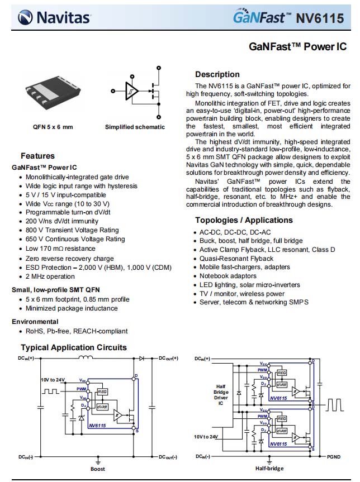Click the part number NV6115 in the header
click(319, 18)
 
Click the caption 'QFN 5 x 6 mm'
click(53, 127)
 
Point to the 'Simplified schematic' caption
click(135, 127)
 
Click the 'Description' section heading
click(217, 74)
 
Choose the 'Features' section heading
click(37, 156)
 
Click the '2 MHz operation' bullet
click(50, 276)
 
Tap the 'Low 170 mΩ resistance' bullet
click(60, 249)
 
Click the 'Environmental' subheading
click(35, 322)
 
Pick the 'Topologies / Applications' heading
click(244, 220)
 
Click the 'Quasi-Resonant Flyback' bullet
click(236, 259)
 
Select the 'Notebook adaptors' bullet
click(228, 276)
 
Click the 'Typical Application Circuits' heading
click(74, 347)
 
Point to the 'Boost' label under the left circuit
click(98, 469)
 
